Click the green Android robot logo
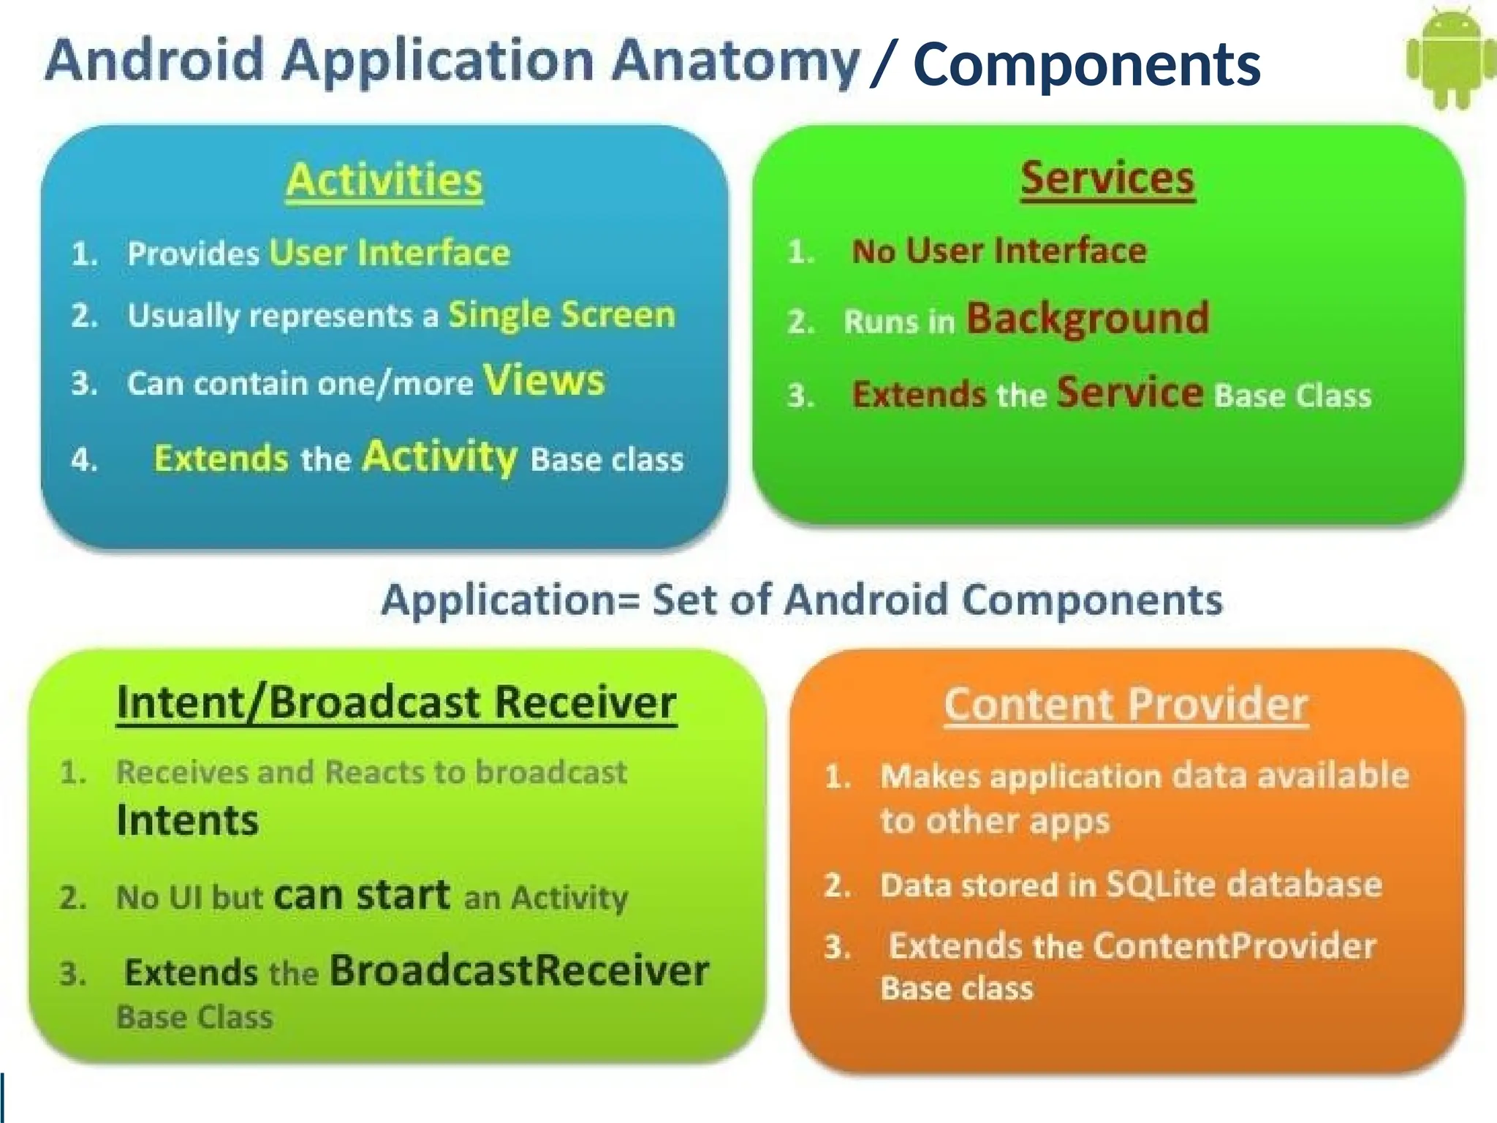click(1450, 58)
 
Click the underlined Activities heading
click(384, 180)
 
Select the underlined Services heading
click(1107, 178)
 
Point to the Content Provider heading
click(1126, 705)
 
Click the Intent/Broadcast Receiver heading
click(396, 703)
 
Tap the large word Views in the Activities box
click(543, 380)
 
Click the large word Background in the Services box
click(1087, 319)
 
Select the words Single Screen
click(561, 315)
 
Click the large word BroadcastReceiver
click(519, 971)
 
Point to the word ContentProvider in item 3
click(1235, 946)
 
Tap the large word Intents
click(187, 820)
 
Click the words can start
click(362, 896)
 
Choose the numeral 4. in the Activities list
click(84, 460)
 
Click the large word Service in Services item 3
click(1129, 393)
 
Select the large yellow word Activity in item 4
click(440, 457)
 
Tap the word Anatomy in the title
click(735, 61)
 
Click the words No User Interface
click(998, 252)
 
